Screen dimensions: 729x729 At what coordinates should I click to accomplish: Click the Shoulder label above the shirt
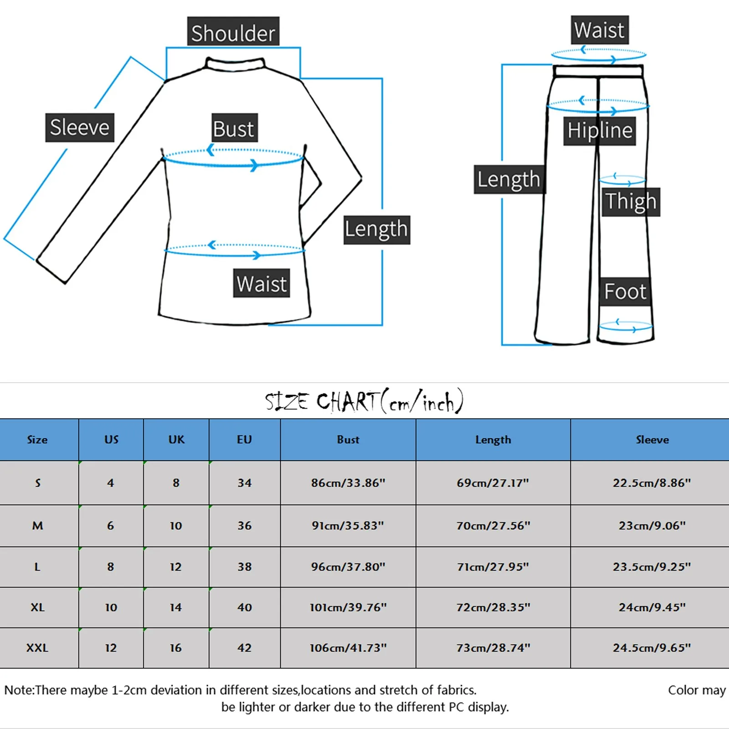click(x=233, y=32)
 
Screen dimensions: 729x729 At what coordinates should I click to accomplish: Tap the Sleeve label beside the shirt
click(x=79, y=127)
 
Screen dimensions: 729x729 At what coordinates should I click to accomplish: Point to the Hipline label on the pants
click(x=599, y=131)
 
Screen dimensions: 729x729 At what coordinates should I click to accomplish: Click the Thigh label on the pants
click(x=631, y=201)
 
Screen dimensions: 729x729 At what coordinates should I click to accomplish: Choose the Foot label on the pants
click(x=625, y=292)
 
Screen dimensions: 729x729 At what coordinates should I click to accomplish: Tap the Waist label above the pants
click(x=599, y=31)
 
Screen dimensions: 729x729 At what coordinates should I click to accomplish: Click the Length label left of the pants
click(x=508, y=180)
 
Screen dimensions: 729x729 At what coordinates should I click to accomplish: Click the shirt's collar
click(x=235, y=64)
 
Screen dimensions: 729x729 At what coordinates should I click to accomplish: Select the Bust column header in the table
click(x=348, y=440)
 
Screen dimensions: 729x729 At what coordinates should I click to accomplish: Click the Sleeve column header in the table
click(x=652, y=440)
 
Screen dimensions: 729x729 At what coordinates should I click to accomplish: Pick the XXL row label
click(x=37, y=648)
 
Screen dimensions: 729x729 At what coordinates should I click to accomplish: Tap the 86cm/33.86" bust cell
click(x=348, y=483)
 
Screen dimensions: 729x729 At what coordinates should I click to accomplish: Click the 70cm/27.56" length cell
click(x=493, y=526)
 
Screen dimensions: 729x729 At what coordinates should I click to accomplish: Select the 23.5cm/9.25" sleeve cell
click(x=652, y=567)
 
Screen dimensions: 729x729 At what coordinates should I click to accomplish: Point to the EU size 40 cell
click(x=245, y=607)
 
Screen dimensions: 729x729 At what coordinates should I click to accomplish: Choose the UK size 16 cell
click(x=176, y=648)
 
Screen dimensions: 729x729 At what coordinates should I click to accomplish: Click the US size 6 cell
click(x=111, y=526)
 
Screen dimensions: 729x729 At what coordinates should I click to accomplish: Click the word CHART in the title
click(x=347, y=402)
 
